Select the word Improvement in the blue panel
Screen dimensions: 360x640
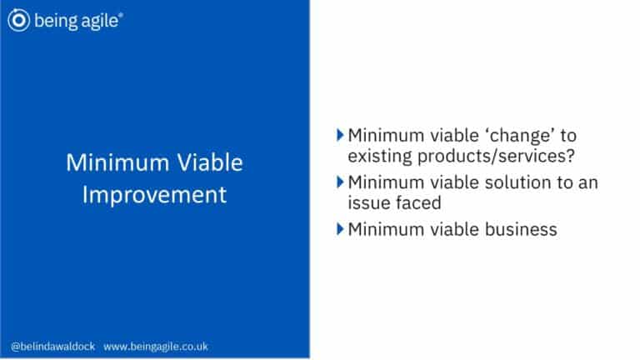pyautogui.click(x=154, y=194)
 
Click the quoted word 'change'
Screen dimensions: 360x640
pyautogui.click(x=517, y=135)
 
